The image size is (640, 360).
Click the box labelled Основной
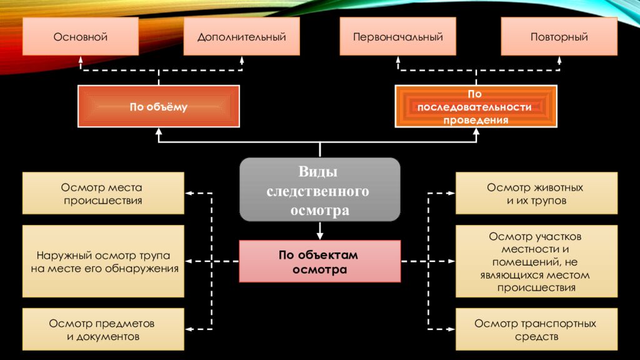[80, 37]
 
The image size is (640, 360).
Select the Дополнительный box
[241, 37]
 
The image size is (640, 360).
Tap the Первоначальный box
[397, 37]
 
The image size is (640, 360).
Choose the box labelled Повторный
[559, 37]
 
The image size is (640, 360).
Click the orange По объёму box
[158, 107]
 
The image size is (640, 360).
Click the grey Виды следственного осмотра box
[319, 190]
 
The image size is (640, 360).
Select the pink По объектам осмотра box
[319, 262]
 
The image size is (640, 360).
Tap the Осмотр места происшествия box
[103, 194]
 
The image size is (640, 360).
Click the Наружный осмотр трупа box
[103, 262]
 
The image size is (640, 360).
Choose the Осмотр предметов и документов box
[103, 329]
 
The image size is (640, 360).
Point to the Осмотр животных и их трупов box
[536, 194]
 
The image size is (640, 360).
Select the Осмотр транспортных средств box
[536, 329]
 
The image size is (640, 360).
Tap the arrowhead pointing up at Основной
[81, 60]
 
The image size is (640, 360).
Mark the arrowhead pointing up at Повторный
[559, 60]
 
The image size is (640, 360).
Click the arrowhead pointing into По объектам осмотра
[320, 236]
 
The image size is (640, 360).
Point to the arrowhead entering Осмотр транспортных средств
[451, 329]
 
